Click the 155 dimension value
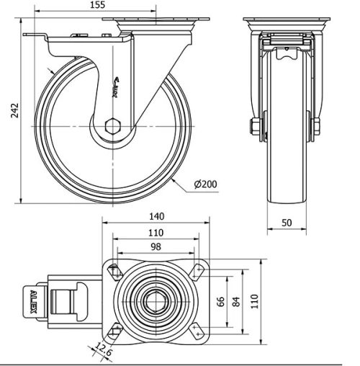coord(98,6)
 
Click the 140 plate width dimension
coord(156,215)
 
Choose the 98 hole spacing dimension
coord(156,247)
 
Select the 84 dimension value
coord(235,300)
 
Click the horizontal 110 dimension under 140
coord(156,233)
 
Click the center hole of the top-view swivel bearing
coord(156,300)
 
